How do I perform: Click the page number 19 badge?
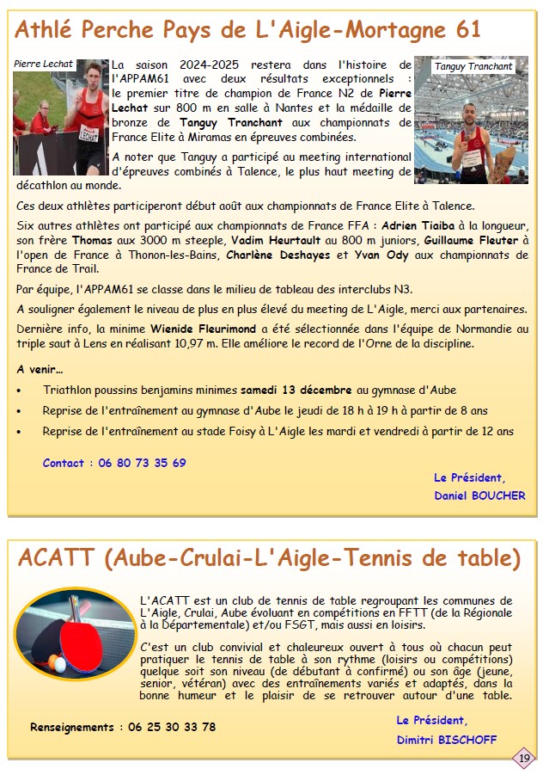524,758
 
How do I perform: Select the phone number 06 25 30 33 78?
172,727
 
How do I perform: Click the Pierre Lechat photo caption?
43,65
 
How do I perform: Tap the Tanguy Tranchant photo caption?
473,66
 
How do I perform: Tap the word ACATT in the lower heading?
56,559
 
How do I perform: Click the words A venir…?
40,369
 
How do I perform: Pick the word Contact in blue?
64,463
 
